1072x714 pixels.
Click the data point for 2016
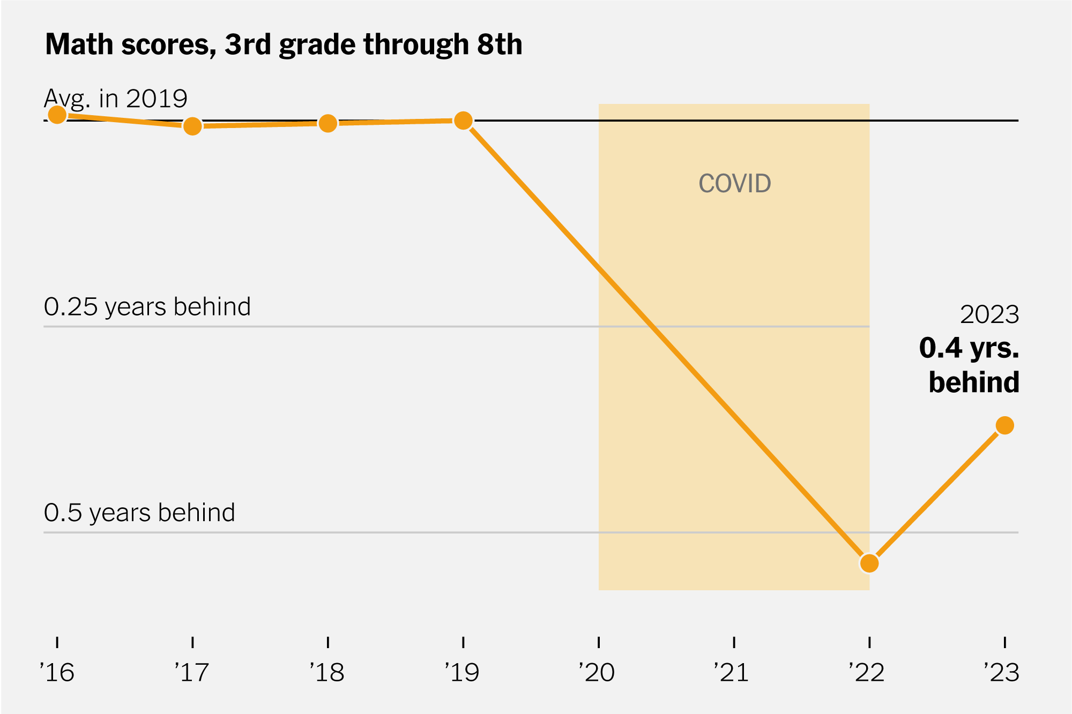[x=57, y=115]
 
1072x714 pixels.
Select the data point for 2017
[x=192, y=126]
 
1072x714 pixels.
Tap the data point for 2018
[x=328, y=124]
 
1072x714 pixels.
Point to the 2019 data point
[x=463, y=121]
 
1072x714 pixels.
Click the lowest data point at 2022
[x=869, y=563]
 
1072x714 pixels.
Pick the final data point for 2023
[x=1004, y=425]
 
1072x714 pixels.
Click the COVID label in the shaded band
[x=734, y=184]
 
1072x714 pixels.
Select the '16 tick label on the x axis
[x=57, y=672]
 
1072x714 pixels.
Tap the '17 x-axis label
[x=192, y=672]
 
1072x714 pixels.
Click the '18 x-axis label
[x=327, y=672]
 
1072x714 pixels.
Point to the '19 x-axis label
[x=463, y=672]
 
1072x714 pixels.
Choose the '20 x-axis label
[x=598, y=672]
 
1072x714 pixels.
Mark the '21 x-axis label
[x=733, y=672]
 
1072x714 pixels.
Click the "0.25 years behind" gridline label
[x=147, y=307]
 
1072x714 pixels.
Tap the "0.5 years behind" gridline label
[x=139, y=513]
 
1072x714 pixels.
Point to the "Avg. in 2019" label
[x=116, y=99]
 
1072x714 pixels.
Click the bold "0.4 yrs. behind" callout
[x=969, y=365]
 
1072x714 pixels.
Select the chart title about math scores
[x=284, y=44]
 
